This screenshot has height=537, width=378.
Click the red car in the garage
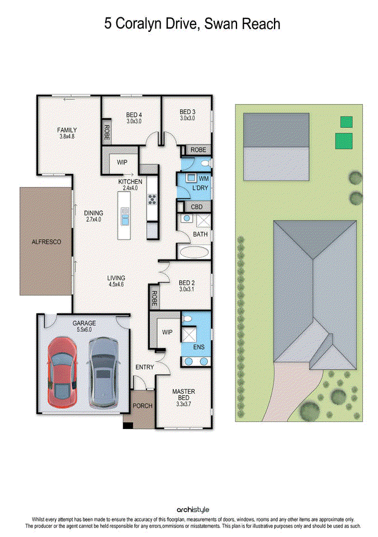click(x=62, y=371)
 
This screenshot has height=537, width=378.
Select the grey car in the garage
click(x=102, y=370)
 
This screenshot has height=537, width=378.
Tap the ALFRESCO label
click(x=46, y=242)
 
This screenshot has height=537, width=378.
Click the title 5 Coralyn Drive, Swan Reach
click(x=192, y=24)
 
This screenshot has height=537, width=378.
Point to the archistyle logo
click(x=193, y=510)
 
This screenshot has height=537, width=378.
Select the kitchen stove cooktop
click(x=151, y=199)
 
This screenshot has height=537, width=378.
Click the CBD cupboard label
click(x=197, y=207)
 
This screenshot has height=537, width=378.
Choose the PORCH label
click(x=142, y=406)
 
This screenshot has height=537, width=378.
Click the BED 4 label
click(x=134, y=115)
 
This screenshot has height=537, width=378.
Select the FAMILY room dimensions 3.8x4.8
click(x=67, y=136)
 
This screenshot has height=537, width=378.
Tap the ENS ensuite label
click(x=200, y=347)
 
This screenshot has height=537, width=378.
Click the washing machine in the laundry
click(x=190, y=178)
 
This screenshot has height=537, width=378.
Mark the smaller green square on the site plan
click(x=347, y=121)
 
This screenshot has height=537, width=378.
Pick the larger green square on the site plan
click(x=344, y=141)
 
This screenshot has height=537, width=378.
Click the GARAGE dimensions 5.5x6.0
click(x=84, y=330)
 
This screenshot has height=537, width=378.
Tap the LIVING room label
click(x=116, y=278)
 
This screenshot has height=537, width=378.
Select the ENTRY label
click(x=144, y=367)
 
